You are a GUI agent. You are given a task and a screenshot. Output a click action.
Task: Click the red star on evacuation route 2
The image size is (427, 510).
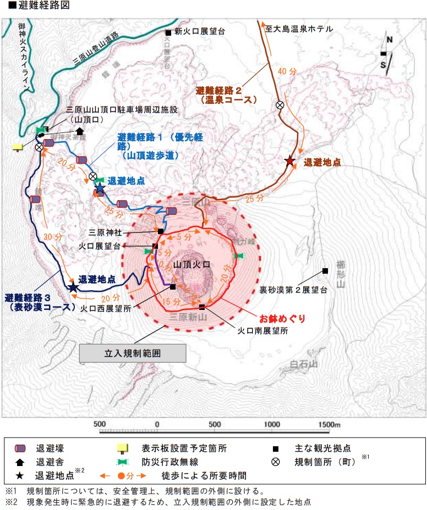point(289,160)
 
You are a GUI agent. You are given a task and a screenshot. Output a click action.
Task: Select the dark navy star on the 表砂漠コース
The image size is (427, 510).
point(73,287)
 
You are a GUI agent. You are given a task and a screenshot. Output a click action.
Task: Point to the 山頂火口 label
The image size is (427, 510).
point(191,265)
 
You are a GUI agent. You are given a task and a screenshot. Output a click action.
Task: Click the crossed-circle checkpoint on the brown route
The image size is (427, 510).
point(280,105)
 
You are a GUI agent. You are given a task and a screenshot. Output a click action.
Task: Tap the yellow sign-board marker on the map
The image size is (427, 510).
point(18,147)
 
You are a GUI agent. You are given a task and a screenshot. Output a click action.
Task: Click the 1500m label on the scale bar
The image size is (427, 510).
point(329,424)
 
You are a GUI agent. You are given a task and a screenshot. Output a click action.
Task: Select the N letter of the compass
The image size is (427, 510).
point(389,40)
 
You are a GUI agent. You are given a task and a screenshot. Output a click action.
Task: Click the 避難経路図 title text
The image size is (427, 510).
point(33,7)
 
